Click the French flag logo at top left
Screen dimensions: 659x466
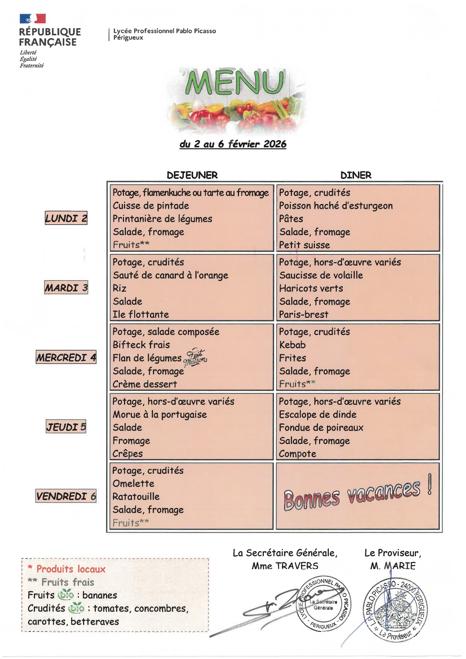point(33,18)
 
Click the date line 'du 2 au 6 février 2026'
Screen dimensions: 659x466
point(233,144)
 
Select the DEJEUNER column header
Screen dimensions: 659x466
point(192,175)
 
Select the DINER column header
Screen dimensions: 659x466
point(356,175)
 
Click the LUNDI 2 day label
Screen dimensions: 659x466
point(66,218)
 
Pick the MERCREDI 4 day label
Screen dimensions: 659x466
point(66,357)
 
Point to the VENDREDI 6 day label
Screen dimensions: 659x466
point(66,496)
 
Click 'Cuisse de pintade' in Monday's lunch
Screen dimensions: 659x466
point(151,206)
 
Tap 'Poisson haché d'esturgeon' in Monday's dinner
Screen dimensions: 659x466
point(336,206)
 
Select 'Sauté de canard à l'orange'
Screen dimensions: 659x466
point(170,275)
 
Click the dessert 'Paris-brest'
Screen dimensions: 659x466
point(304,314)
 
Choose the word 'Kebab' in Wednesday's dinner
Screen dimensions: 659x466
point(292,345)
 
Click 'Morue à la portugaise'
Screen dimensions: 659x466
point(160,414)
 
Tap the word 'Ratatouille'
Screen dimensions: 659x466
point(136,497)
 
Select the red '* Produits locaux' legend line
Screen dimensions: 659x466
point(67,569)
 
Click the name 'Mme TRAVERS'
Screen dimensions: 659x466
point(285,566)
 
